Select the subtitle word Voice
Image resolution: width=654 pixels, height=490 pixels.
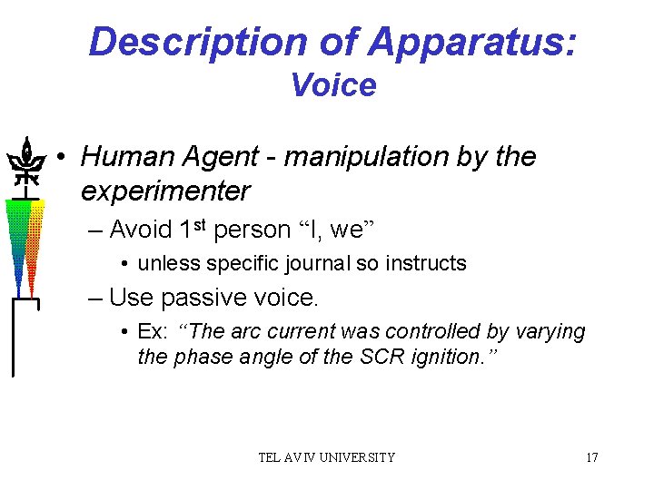click(x=332, y=85)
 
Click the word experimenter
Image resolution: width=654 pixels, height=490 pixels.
click(x=164, y=191)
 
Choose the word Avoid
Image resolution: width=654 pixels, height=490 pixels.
click(x=138, y=230)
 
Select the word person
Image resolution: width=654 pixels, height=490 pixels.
click(x=252, y=230)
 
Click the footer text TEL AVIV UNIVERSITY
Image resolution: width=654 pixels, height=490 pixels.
click(x=327, y=457)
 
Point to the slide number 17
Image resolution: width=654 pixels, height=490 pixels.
click(x=591, y=457)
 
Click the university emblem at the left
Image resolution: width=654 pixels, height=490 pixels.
click(x=26, y=163)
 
